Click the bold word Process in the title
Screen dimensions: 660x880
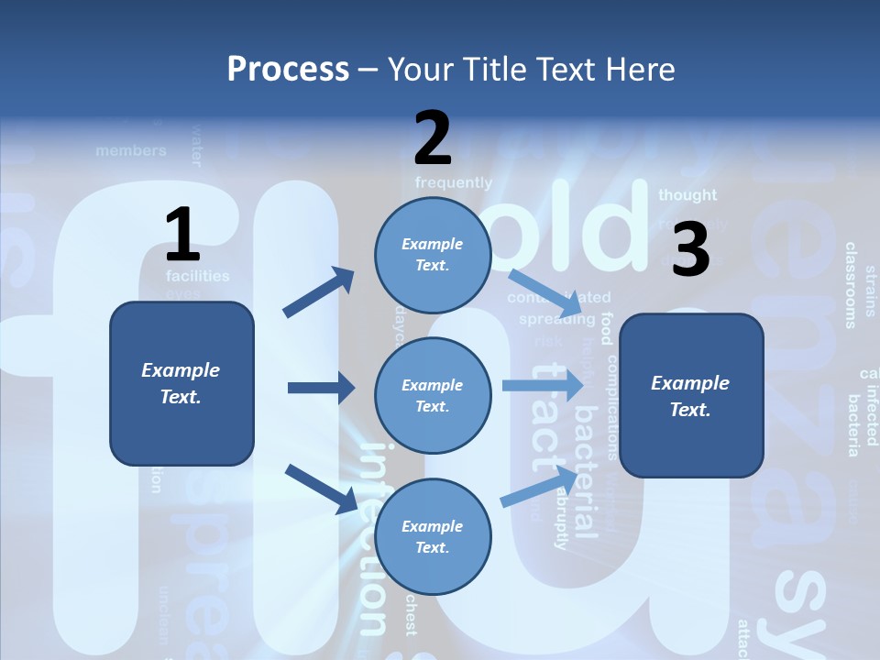pyautogui.click(x=288, y=69)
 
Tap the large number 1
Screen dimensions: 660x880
pyautogui.click(x=182, y=236)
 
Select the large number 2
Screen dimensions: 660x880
pyautogui.click(x=433, y=138)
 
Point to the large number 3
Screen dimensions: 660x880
pyautogui.click(x=690, y=250)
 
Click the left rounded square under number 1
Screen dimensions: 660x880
pyautogui.click(x=181, y=383)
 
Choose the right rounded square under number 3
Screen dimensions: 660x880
pyautogui.click(x=691, y=395)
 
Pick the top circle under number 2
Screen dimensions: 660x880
pyautogui.click(x=433, y=255)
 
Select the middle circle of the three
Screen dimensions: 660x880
pyautogui.click(x=433, y=395)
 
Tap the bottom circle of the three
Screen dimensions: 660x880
pyautogui.click(x=433, y=536)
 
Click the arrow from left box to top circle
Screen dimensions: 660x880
pyautogui.click(x=318, y=292)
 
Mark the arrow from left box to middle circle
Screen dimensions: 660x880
pyautogui.click(x=321, y=389)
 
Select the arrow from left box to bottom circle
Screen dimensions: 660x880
pyautogui.click(x=321, y=488)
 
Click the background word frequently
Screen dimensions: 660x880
pyautogui.click(x=453, y=182)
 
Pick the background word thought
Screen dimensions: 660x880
pyautogui.click(x=687, y=194)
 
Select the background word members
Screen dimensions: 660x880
pyautogui.click(x=131, y=150)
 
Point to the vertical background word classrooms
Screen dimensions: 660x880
pyautogui.click(x=851, y=284)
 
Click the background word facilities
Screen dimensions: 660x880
pyautogui.click(x=198, y=275)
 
